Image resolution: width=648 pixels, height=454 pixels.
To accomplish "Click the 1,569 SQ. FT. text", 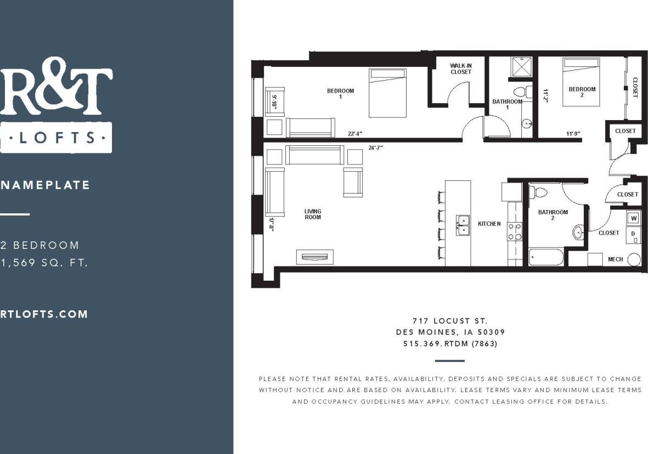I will coord(44,263).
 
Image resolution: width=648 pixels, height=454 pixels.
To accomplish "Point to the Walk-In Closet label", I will coord(460,69).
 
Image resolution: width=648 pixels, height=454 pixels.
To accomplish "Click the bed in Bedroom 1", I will coord(387,93).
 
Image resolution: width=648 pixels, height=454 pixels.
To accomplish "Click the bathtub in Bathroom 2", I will coord(546,257).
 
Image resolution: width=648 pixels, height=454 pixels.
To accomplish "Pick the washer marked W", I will coord(634,218).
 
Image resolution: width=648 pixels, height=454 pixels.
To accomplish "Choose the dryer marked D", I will coord(634,235).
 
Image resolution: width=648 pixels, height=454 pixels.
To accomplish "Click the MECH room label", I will coord(615,259).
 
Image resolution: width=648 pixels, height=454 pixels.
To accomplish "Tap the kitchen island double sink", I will coord(462,224).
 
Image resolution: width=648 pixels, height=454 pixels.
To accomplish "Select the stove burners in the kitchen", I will coord(515,231).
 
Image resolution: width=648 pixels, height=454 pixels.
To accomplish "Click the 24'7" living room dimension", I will coord(375,147).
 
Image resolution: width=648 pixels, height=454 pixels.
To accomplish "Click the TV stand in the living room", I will coord(314,257).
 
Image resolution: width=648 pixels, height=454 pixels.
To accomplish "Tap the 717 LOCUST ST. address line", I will coord(450,321).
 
